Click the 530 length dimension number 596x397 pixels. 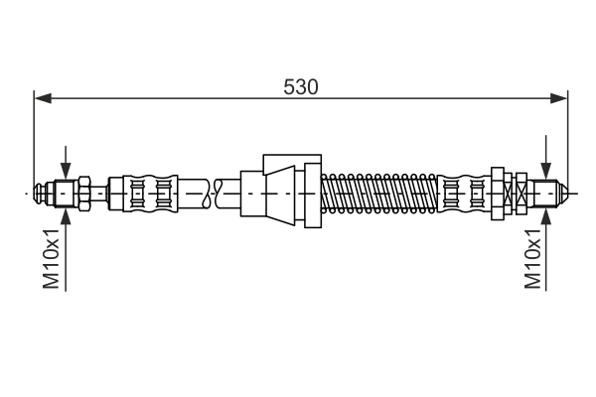point(300,87)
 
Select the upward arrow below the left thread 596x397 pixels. point(65,210)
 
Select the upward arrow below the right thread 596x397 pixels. point(544,210)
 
